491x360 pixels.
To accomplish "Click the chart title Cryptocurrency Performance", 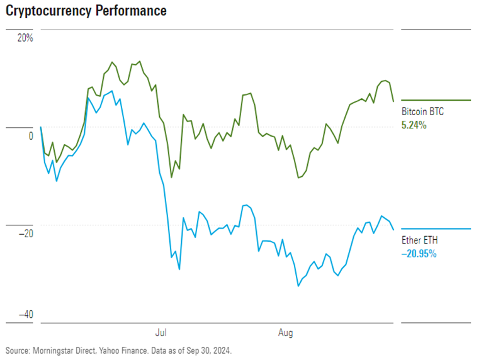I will tap(86, 11).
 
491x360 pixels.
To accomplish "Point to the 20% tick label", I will tap(25, 37).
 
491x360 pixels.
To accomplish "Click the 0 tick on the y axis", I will tap(30, 136).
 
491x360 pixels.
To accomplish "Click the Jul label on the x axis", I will tap(162, 331).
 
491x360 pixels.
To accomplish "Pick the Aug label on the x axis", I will tap(285, 331).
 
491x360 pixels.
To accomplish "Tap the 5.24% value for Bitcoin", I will tap(414, 125).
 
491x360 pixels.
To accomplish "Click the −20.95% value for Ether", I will tap(419, 254).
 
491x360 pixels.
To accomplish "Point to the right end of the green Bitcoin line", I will tap(393, 101).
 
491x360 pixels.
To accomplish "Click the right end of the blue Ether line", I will tap(393, 229).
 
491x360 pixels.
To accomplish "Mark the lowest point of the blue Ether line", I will tap(298, 286).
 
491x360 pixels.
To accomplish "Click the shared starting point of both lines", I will tap(41, 127).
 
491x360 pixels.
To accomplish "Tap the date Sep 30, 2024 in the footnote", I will tap(212, 349).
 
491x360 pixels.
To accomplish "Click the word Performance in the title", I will tap(130, 11).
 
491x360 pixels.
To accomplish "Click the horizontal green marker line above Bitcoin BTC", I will tap(436, 100).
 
